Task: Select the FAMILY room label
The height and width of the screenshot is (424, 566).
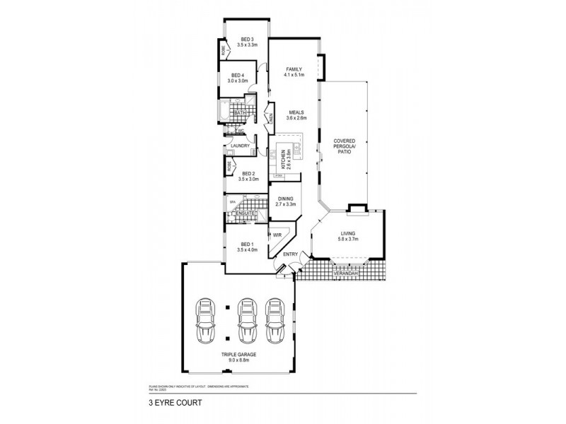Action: pyautogui.click(x=294, y=69)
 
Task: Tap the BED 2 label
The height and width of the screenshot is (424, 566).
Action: pyautogui.click(x=248, y=173)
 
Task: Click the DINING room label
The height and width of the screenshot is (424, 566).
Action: pyautogui.click(x=285, y=201)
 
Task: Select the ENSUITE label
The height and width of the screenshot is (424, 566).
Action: pyautogui.click(x=246, y=213)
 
